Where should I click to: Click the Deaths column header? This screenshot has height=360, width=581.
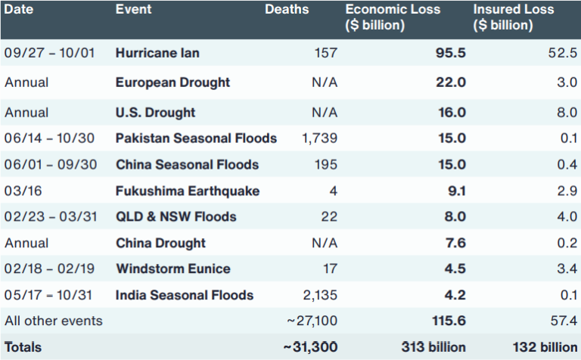[x=287, y=10]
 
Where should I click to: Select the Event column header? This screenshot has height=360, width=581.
[x=133, y=10]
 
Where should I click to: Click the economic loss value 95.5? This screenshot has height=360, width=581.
[x=452, y=53]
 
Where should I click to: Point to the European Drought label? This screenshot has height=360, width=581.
[x=172, y=82]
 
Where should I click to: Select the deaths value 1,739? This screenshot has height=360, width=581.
[x=319, y=138]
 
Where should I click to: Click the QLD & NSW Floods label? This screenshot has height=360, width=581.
[x=176, y=217]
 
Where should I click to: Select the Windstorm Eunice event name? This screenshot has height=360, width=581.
[x=172, y=269]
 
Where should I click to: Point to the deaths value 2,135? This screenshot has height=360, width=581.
[x=319, y=295]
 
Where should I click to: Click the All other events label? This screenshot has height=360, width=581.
[x=53, y=321]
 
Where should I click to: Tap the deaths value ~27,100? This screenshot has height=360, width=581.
[x=312, y=321]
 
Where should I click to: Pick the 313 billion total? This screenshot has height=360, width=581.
[x=434, y=347]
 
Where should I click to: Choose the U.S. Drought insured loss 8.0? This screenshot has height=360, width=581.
[x=567, y=113]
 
